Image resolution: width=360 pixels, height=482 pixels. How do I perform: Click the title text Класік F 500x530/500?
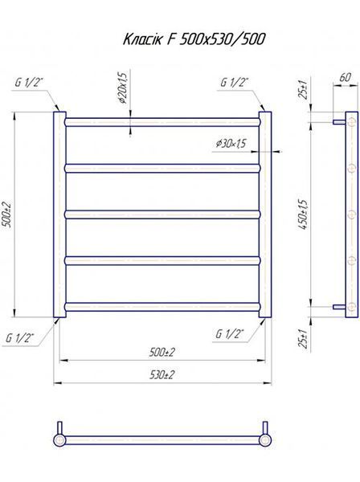(194, 39)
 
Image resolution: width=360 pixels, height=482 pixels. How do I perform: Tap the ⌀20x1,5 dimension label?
(122, 88)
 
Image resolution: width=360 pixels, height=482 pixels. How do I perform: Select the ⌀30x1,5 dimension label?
(231, 143)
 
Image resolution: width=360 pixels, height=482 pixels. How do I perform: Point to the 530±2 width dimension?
(162, 375)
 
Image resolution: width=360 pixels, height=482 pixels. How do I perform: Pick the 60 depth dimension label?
(345, 77)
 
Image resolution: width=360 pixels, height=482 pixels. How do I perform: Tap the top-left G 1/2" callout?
(29, 83)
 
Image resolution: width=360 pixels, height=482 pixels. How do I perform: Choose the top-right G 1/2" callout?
(235, 83)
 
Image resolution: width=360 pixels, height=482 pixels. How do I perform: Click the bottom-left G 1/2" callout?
(20, 338)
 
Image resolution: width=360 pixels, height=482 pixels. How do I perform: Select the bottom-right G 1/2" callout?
(229, 334)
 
